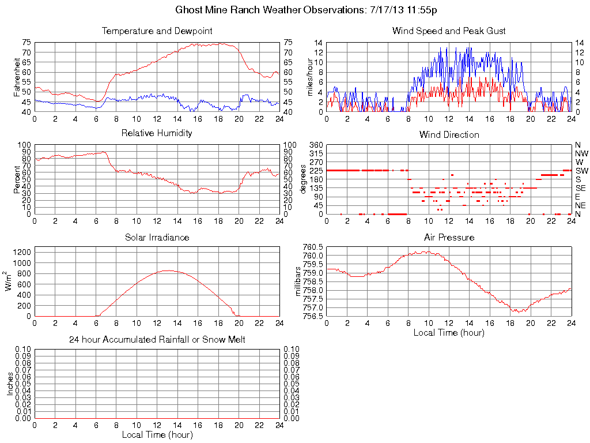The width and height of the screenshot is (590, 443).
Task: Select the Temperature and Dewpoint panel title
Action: [157, 31]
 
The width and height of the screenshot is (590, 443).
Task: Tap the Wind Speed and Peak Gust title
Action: [449, 31]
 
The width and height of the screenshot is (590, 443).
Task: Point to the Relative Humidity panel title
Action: [157, 133]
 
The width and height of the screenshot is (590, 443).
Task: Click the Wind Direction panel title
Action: [449, 134]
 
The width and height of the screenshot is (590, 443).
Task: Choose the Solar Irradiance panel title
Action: [157, 237]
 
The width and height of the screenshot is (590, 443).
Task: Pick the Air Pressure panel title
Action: [449, 237]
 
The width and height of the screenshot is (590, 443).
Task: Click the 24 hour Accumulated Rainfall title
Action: [157, 340]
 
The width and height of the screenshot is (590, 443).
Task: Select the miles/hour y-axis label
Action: [309, 76]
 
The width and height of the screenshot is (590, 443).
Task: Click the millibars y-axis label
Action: [298, 281]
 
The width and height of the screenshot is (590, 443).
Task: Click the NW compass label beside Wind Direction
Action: [581, 153]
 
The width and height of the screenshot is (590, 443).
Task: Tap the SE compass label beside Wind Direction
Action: [580, 188]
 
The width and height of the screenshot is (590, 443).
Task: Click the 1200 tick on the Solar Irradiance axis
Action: [22, 252]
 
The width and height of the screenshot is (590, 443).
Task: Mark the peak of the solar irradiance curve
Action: [168, 270]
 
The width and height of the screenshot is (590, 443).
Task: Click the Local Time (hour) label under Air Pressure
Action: [449, 333]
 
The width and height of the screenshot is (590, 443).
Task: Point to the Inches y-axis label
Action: [10, 384]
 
